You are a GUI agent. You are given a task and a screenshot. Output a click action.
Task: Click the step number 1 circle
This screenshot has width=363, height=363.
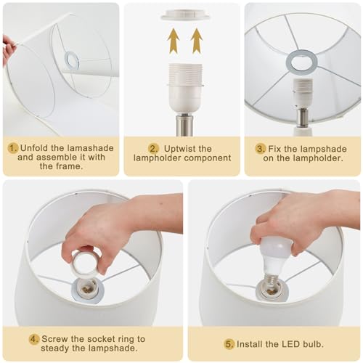(x=13, y=148)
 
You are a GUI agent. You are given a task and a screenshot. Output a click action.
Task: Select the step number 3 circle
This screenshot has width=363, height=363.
(x=260, y=148)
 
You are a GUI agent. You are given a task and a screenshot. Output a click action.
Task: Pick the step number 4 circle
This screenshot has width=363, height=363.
(x=33, y=339)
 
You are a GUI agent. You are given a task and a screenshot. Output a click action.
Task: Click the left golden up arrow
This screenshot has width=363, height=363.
(x=172, y=41)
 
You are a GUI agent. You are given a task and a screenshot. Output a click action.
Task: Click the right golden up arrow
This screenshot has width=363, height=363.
(x=196, y=41)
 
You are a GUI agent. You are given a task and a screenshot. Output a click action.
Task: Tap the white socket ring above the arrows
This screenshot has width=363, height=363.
(x=184, y=15)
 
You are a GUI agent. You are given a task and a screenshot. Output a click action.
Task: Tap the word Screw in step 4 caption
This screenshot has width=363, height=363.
(x=57, y=339)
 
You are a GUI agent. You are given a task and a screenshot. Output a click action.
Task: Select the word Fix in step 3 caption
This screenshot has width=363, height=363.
(x=277, y=148)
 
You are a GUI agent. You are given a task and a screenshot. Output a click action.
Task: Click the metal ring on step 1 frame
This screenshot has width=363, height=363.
(x=71, y=61)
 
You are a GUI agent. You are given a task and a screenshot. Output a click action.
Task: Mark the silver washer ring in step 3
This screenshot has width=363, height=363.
(x=302, y=61)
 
